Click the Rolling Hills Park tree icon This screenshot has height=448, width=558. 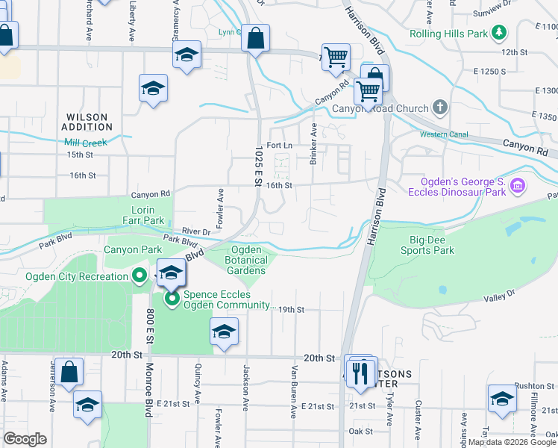click(499, 34)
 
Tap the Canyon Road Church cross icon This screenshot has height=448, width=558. click(440, 108)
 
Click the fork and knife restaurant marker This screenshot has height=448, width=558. click(362, 373)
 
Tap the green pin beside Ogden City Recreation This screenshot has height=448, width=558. click(139, 277)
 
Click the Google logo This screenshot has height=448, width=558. click(25, 439)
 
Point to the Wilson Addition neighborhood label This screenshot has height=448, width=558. click(87, 122)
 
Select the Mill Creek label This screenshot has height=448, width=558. click(86, 143)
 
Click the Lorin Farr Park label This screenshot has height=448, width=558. click(142, 216)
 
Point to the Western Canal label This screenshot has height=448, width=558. click(444, 134)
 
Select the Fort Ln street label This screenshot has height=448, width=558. click(278, 145)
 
